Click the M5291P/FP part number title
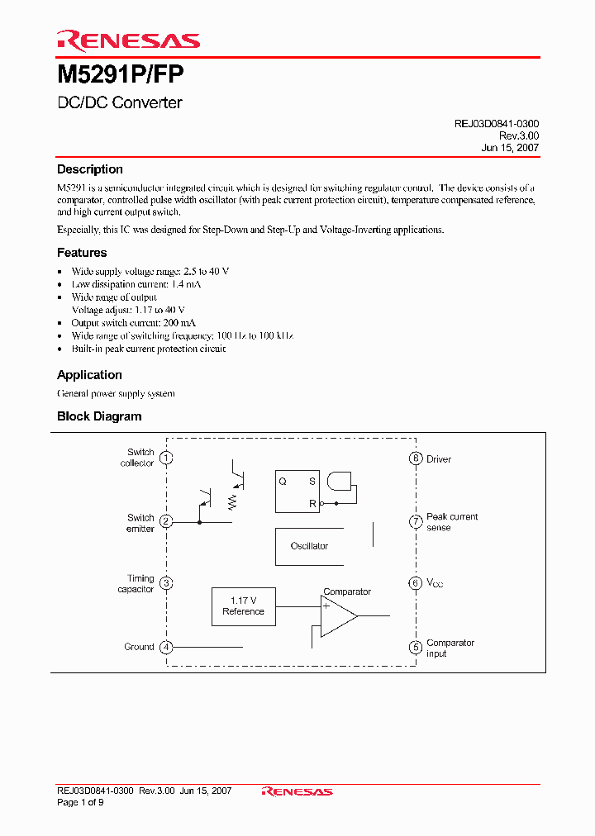(x=121, y=75)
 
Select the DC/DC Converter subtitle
(x=120, y=103)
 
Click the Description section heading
(x=90, y=169)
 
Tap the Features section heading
(x=82, y=253)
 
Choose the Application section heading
(x=89, y=375)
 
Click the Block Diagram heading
(x=99, y=416)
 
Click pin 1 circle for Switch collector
(x=166, y=458)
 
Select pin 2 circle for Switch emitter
(x=166, y=522)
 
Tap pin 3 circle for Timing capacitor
(x=166, y=583)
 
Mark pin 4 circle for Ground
(x=166, y=647)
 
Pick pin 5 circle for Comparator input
(x=416, y=648)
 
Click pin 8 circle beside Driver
(x=416, y=458)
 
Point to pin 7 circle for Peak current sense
(x=416, y=521)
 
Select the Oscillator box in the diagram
(x=309, y=546)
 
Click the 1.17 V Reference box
(x=243, y=606)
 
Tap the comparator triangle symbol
(x=337, y=616)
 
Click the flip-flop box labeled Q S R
(x=297, y=492)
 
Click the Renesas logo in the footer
(x=297, y=791)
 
